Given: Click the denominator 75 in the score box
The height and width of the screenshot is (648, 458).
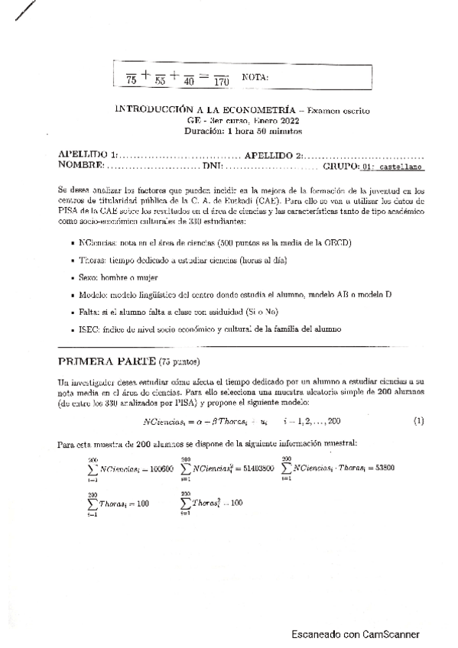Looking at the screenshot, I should tap(131, 79).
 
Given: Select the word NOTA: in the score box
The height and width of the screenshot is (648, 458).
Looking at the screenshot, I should tap(255, 77).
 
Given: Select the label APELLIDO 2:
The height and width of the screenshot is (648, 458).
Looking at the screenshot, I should tap(274, 154).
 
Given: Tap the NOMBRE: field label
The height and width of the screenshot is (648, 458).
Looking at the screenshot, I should tap(80, 165).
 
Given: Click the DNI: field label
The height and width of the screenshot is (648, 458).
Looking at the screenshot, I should tap(212, 165).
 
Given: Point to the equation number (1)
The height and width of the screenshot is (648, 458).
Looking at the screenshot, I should tap(418, 421).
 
